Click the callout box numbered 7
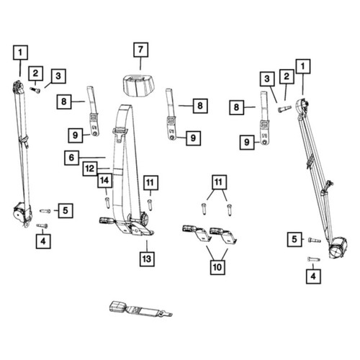140,50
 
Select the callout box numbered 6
71,158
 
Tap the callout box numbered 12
90,168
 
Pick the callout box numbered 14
104,180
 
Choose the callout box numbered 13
147,259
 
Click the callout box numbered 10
217,267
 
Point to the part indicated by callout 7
138,86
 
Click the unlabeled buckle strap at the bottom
140,309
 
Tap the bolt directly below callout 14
107,202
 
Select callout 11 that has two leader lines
219,182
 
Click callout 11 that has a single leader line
150,183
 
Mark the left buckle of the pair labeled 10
197,233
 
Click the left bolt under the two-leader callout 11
204,209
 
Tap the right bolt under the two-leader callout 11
230,210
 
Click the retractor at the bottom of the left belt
22,213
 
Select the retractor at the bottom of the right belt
338,248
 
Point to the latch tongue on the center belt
120,135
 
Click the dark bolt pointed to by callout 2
35,89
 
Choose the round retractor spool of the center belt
145,217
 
